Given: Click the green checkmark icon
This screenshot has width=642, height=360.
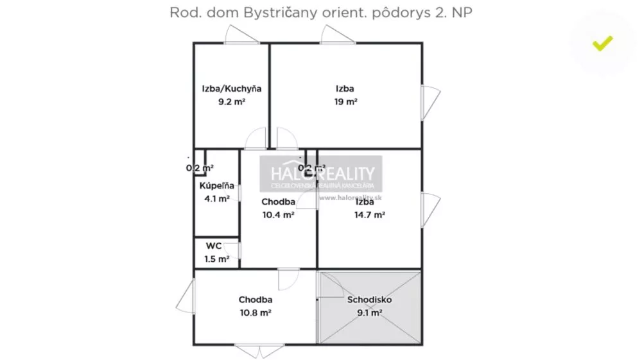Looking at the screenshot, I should (602, 44).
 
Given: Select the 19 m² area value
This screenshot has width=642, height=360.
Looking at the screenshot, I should (345, 101).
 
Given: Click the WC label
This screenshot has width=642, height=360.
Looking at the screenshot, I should (214, 246).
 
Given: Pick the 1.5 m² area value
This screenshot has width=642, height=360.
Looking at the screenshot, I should (216, 259).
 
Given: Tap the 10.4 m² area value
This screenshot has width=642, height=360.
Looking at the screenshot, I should (278, 215).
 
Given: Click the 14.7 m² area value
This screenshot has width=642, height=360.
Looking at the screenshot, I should (369, 215).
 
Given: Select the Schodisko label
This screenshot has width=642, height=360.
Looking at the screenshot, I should (369, 300).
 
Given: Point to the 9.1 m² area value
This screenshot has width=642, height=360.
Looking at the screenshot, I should (369, 313).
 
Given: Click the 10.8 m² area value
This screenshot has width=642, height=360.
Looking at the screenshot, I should (256, 313).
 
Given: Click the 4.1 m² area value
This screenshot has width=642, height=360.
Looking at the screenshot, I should (216, 199).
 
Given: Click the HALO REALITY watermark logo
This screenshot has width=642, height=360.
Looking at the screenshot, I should (320, 174).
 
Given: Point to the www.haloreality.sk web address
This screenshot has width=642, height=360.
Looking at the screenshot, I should (347, 198).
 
